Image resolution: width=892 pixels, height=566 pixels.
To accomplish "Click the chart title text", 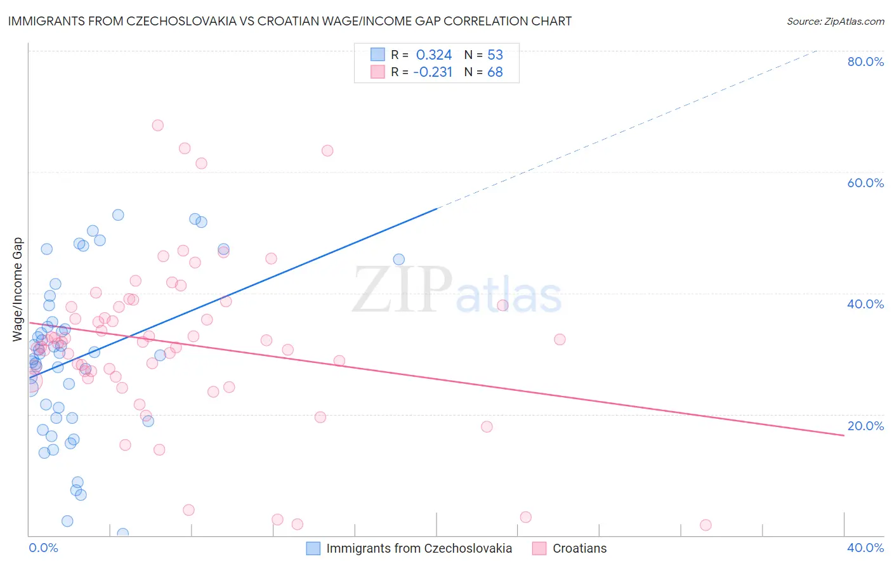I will [x=290, y=21].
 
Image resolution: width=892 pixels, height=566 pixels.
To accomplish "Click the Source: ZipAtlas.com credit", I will [x=835, y=21].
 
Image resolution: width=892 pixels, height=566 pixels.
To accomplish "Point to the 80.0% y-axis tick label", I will [x=865, y=62].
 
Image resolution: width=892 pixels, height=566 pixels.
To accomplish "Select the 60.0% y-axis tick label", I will [x=865, y=183].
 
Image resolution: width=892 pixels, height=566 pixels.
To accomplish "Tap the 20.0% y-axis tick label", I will [x=865, y=426].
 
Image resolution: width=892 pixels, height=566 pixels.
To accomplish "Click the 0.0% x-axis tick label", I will [x=43, y=548].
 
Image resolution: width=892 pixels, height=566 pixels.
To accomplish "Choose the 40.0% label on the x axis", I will [x=865, y=548].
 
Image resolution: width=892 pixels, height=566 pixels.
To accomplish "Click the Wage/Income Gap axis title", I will [x=18, y=289].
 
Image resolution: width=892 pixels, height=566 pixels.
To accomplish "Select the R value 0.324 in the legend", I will [x=434, y=55].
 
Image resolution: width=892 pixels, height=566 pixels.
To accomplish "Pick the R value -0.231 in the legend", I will [x=433, y=72].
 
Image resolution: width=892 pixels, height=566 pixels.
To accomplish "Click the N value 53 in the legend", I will [x=495, y=55].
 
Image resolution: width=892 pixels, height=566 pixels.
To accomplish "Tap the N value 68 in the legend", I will [x=495, y=72].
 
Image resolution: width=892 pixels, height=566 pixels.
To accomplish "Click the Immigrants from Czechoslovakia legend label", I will [x=419, y=548].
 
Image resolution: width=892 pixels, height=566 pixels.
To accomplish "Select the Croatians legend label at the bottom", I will [x=579, y=548].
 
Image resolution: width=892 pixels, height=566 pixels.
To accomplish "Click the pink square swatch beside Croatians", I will [x=539, y=548].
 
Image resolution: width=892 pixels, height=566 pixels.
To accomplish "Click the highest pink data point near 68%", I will [x=158, y=126].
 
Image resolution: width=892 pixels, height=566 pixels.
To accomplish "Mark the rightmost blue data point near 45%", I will [x=399, y=259].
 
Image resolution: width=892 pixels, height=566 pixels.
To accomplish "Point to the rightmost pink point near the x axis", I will [x=705, y=525].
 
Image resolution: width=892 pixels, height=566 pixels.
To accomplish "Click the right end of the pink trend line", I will [x=844, y=435].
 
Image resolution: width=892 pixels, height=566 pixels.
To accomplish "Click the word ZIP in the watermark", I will [x=402, y=290].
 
